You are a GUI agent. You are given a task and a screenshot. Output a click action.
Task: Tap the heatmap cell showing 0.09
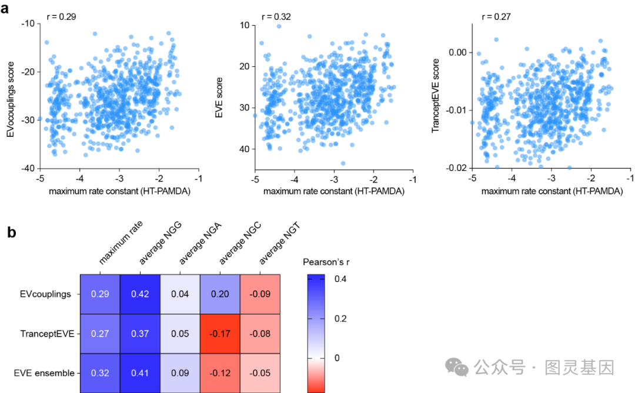[x=179, y=372]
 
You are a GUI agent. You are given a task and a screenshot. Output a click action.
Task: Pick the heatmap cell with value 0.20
[x=219, y=294]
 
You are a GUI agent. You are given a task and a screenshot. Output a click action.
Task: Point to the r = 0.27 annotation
[x=496, y=16]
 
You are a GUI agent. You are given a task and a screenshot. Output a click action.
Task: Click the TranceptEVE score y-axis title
[x=436, y=95]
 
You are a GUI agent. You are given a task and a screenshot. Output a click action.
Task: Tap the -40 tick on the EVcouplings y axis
[x=27, y=169]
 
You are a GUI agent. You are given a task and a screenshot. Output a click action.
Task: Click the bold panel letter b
[x=11, y=232]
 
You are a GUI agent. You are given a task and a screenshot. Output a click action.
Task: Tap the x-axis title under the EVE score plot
[x=333, y=191]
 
